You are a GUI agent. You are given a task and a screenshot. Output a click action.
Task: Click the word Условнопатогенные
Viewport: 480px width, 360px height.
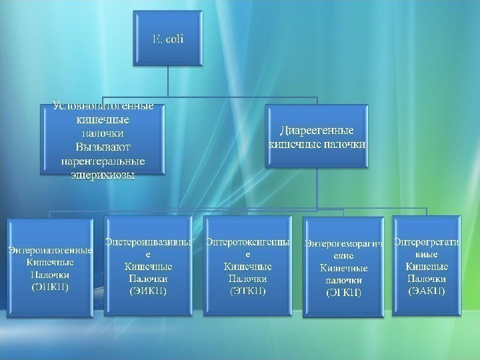click(103, 106)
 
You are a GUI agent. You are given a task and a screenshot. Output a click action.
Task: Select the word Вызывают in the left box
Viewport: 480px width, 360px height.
click(103, 146)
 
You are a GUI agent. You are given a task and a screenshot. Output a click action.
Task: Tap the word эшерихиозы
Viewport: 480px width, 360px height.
click(103, 175)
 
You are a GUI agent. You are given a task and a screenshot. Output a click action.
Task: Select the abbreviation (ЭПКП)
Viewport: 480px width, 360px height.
click(49, 287)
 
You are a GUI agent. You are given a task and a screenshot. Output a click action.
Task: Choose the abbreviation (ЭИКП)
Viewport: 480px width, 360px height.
click(149, 291)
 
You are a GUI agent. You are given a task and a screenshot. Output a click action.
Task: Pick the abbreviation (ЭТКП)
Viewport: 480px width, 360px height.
click(248, 291)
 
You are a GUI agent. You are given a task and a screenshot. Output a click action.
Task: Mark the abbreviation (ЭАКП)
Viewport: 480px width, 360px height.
click(426, 291)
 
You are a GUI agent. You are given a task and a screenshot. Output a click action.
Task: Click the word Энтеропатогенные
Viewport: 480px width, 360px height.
click(49, 251)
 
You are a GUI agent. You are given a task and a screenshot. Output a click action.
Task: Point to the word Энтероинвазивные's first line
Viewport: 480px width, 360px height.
click(149, 242)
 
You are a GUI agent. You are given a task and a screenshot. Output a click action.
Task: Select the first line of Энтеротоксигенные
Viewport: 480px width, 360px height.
click(248, 242)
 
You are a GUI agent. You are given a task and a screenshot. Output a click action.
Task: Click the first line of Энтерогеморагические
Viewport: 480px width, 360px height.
click(344, 244)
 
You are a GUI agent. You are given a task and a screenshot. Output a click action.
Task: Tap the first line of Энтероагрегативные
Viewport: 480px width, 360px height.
click(426, 242)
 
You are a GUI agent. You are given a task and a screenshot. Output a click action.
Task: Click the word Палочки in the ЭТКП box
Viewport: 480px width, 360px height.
click(248, 279)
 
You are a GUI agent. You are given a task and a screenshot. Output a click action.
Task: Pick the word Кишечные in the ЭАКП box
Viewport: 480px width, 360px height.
click(426, 266)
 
